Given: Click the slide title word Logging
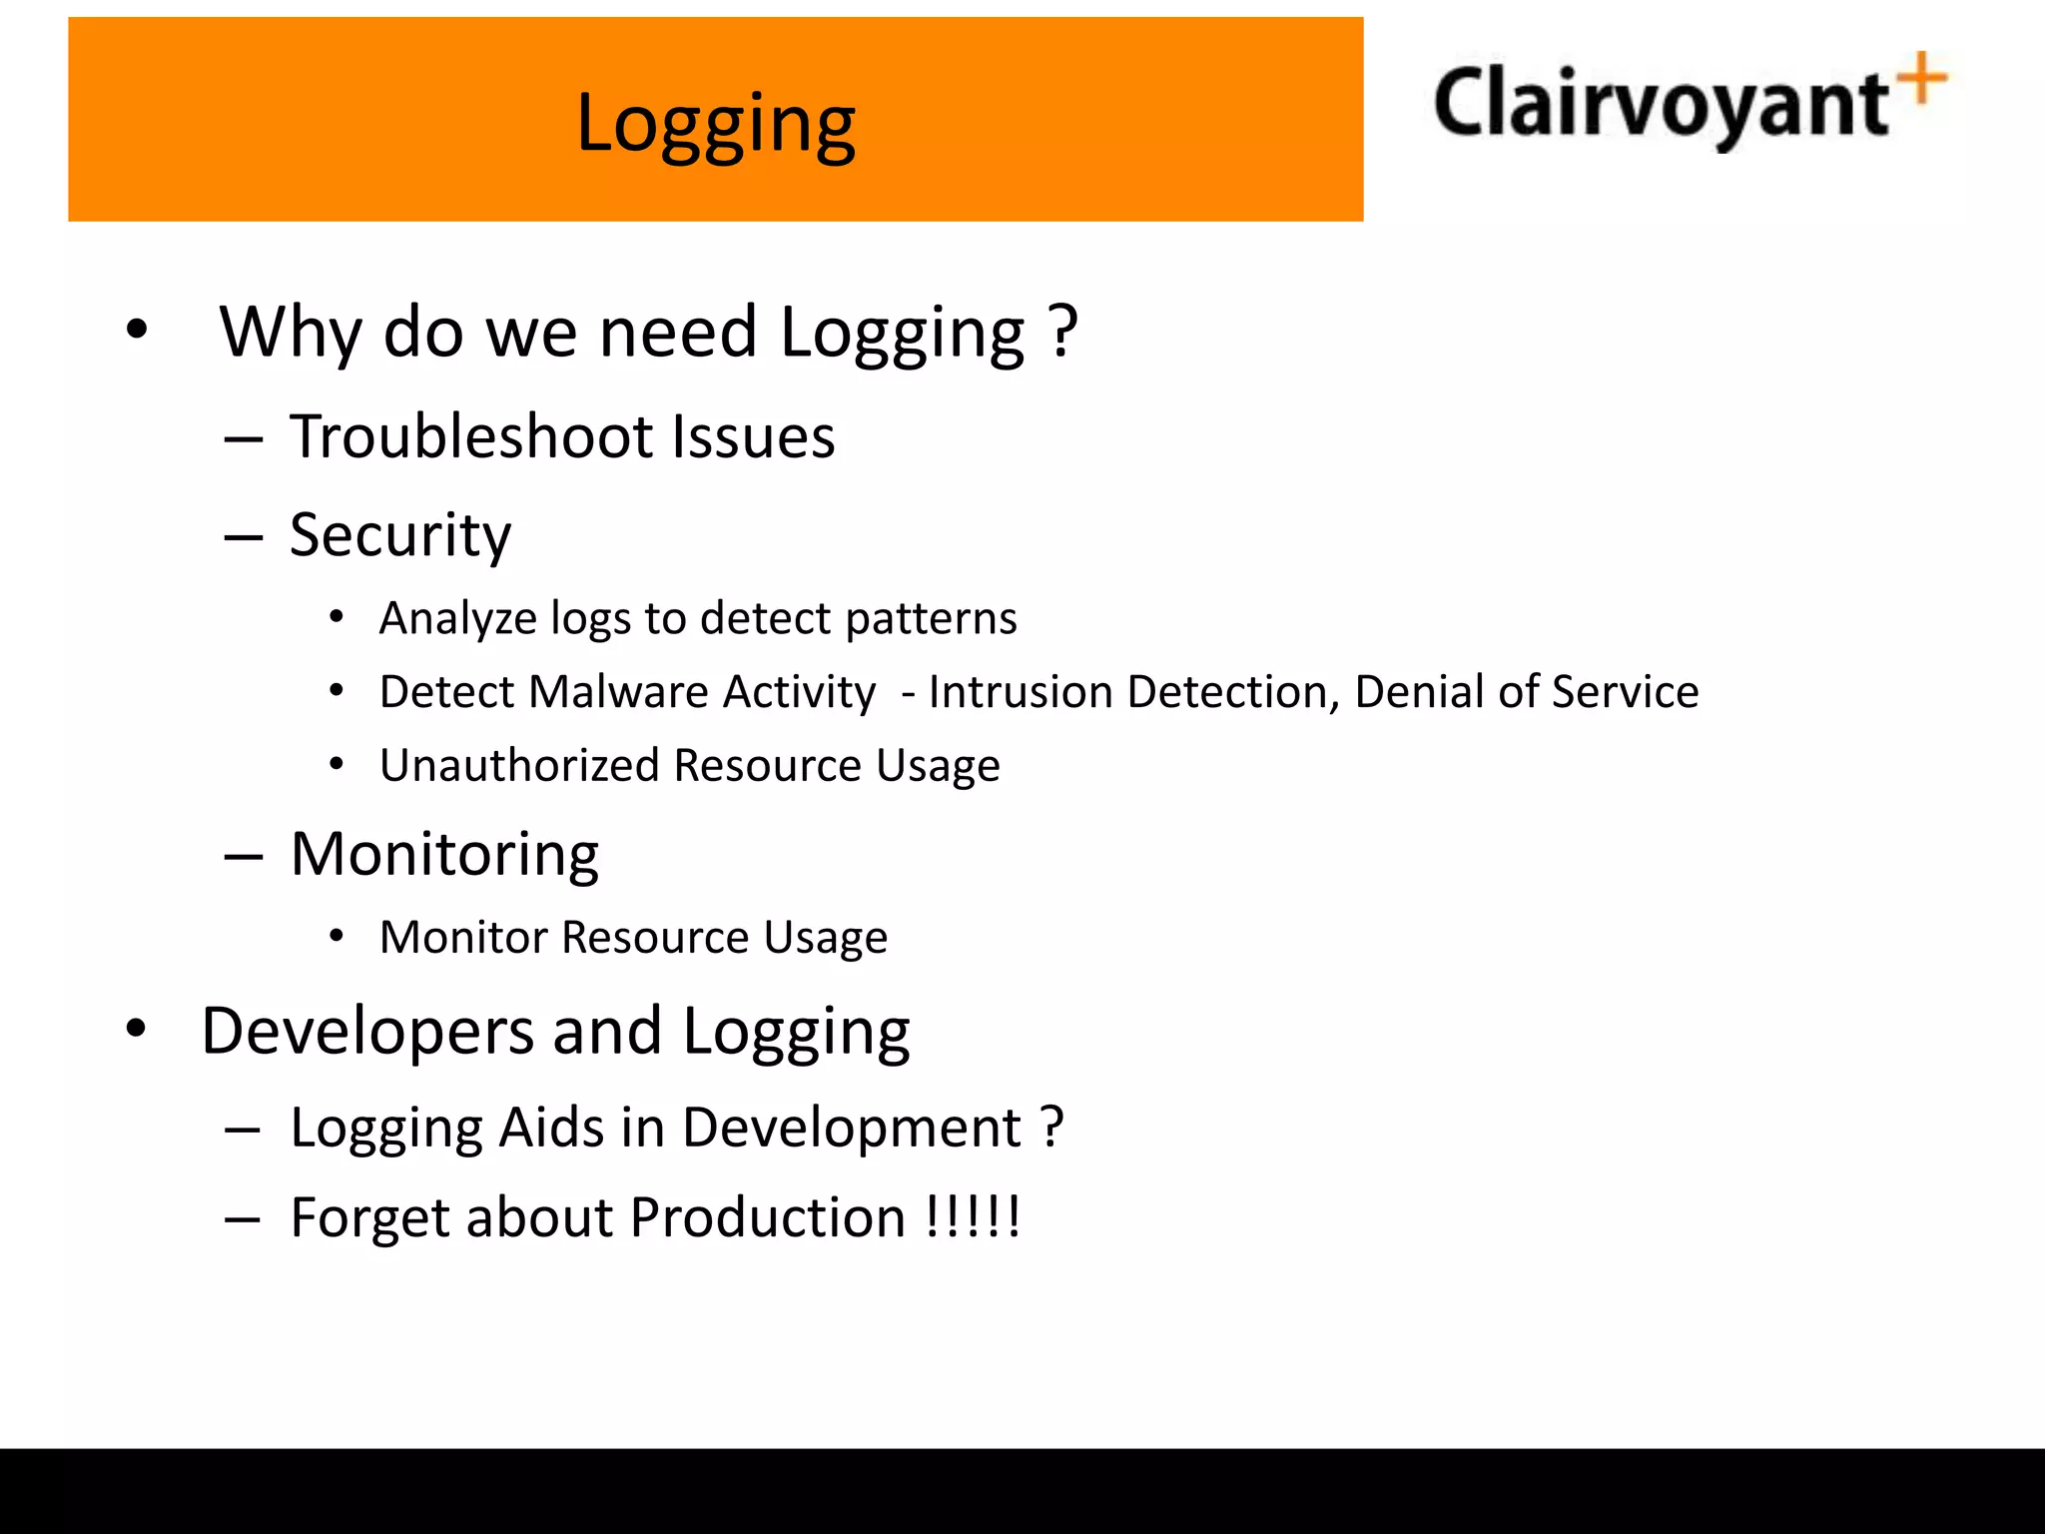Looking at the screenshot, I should point(715,125).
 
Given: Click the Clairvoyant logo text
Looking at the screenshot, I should point(1661,104).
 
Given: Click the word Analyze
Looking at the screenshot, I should point(457,619).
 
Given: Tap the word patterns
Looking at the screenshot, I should point(931,619).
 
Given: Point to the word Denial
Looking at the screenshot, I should point(1418,692).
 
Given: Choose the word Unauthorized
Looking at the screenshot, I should point(518,766).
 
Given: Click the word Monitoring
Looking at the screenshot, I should point(444,855).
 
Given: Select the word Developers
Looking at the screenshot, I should point(367,1032).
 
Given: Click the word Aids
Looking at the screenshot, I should point(551,1128).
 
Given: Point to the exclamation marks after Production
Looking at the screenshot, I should point(972,1216).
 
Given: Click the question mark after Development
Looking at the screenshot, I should point(1051,1128).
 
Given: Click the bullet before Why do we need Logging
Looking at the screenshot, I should point(137,330).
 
